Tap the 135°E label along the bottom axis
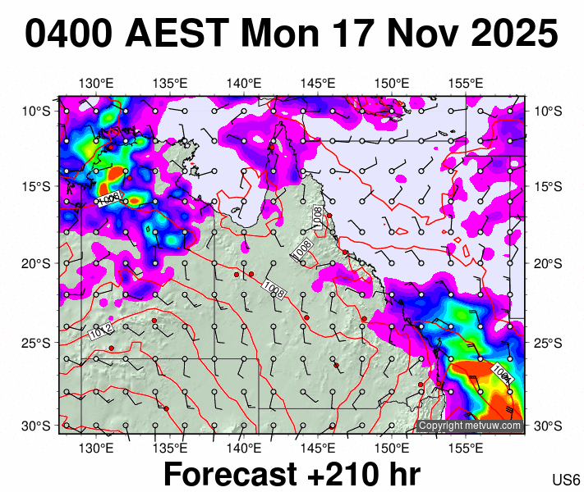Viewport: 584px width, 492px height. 170,449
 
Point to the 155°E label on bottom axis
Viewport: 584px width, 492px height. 466,449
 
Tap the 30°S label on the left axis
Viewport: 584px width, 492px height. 35,426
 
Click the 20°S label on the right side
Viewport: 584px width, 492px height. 549,263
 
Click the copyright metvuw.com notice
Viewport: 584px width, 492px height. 469,426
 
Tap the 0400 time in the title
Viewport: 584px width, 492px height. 69,34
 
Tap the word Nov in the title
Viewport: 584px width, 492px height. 416,34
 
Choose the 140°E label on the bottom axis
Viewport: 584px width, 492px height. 244,449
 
